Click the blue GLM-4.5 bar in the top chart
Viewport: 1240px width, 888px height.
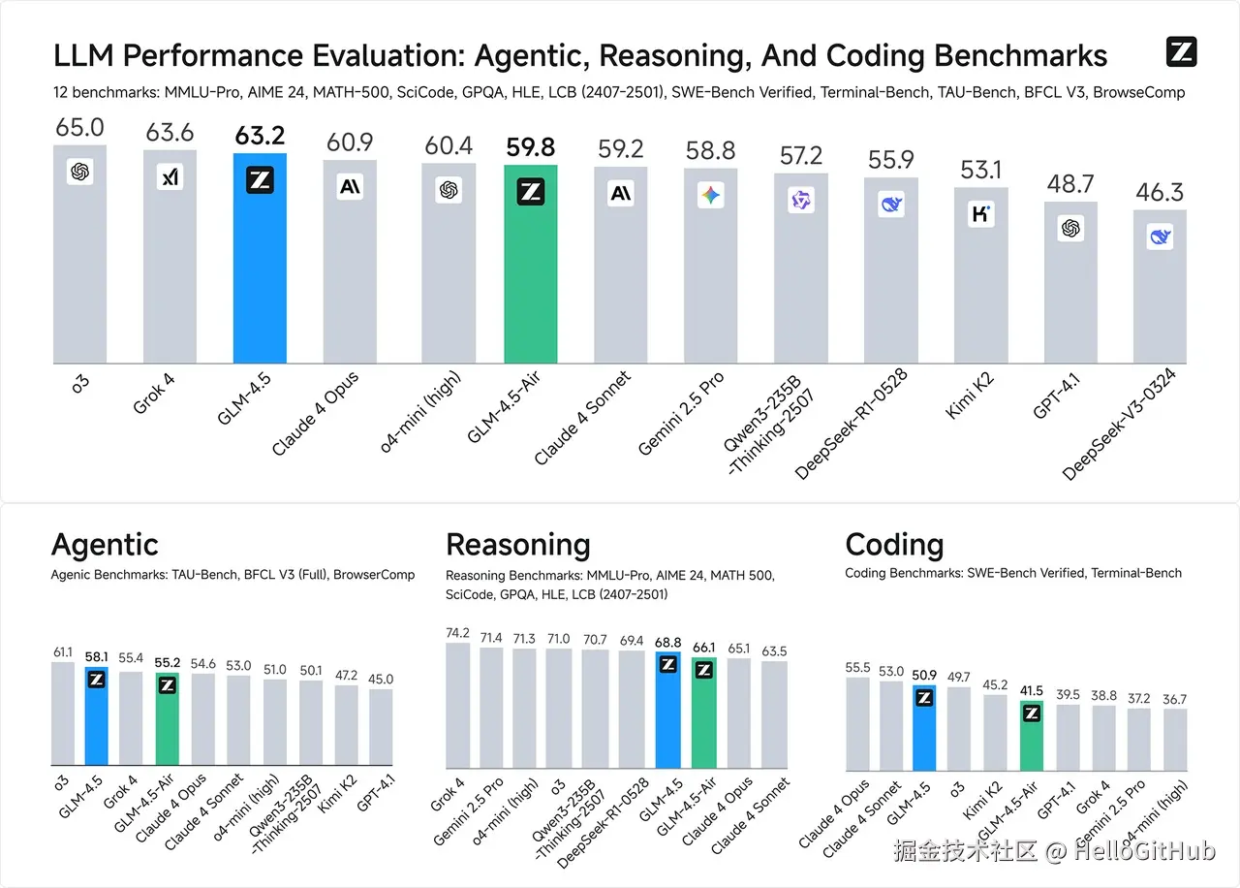[260, 262]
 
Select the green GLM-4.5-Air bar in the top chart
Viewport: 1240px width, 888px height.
[530, 271]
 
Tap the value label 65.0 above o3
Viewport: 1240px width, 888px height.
[79, 128]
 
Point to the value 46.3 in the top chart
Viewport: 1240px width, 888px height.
[1160, 191]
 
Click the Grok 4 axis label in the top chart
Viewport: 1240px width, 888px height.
[154, 394]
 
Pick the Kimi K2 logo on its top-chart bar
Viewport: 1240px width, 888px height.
[981, 214]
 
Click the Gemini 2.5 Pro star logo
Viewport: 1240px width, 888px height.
[711, 197]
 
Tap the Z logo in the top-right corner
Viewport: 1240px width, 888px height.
[1182, 52]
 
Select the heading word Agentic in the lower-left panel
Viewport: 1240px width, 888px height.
[105, 545]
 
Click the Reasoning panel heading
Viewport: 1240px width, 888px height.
[517, 545]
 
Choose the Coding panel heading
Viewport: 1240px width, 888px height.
[894, 545]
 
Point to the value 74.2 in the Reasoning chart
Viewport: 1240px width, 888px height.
[457, 633]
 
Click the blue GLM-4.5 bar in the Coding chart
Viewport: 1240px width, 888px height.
[924, 727]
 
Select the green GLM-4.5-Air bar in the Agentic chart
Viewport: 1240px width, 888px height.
[168, 722]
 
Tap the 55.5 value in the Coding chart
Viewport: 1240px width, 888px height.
[857, 668]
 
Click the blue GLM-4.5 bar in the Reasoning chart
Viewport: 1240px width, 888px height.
[667, 713]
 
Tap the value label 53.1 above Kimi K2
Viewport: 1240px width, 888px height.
[981, 171]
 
